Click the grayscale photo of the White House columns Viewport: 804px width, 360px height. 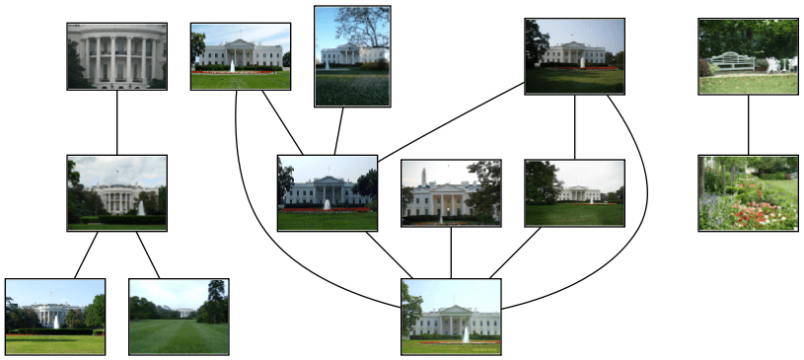(116, 56)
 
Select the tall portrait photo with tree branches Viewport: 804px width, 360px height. (352, 56)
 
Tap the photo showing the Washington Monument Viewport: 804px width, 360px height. (451, 192)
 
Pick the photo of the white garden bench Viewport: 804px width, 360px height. (748, 56)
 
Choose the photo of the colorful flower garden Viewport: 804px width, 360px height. (748, 192)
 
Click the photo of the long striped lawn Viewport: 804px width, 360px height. (179, 316)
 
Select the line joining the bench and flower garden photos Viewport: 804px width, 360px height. (748, 124)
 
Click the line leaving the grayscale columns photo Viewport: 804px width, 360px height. (116, 122)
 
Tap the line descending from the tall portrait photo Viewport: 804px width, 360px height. (340, 130)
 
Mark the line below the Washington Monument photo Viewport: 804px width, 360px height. (451, 252)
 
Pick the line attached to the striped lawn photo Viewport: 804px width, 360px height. (148, 254)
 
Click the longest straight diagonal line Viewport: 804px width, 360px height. (450, 121)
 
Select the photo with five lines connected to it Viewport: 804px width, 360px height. (451, 316)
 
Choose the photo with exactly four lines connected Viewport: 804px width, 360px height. (328, 192)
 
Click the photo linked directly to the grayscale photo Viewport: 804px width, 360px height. (116, 192)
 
